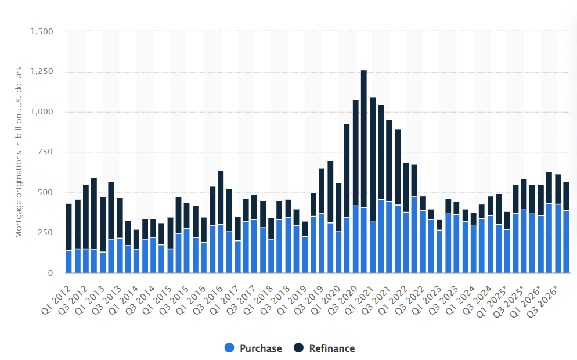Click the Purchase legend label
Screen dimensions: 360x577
261,348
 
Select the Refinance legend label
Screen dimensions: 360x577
331,348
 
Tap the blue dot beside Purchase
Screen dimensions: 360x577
230,348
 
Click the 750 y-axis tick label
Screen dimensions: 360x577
45,152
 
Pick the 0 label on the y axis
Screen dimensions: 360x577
51,273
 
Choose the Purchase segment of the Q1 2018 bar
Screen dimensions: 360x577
271,255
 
